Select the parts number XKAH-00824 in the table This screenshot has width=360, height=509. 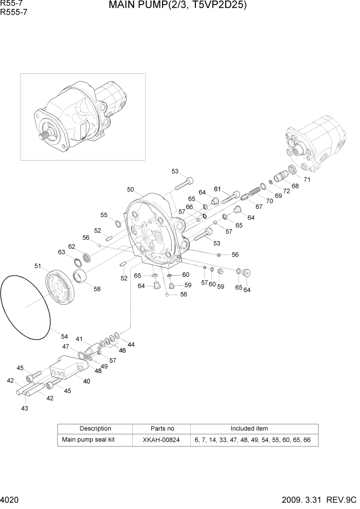click(x=162, y=440)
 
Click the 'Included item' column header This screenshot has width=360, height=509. click(x=249, y=428)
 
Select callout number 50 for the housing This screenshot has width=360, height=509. click(x=130, y=190)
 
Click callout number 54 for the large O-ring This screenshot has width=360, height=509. click(x=64, y=337)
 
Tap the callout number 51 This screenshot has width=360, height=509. click(x=38, y=266)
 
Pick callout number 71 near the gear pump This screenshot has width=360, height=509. click(x=307, y=180)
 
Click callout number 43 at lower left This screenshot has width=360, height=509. click(x=24, y=408)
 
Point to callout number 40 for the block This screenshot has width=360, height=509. click(x=87, y=381)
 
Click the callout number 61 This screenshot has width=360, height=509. click(x=217, y=189)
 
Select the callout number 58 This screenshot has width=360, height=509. click(x=96, y=289)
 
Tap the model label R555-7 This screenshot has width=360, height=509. click(x=14, y=13)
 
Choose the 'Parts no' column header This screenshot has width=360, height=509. click(x=162, y=428)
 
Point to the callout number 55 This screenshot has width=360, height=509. click(x=104, y=215)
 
